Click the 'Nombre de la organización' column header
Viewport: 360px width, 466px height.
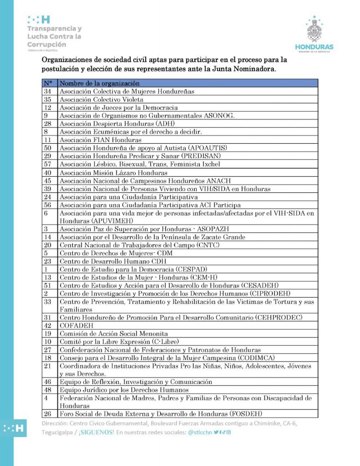point(100,83)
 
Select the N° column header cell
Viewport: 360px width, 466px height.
point(48,83)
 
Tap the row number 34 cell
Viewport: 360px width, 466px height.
point(47,91)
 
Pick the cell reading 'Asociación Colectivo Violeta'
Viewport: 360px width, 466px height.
point(101,99)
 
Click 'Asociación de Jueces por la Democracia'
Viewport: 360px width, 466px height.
point(118,107)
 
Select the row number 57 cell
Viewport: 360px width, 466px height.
point(47,164)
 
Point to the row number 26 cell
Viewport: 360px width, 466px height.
point(47,414)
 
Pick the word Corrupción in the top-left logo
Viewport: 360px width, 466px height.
point(46,44)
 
